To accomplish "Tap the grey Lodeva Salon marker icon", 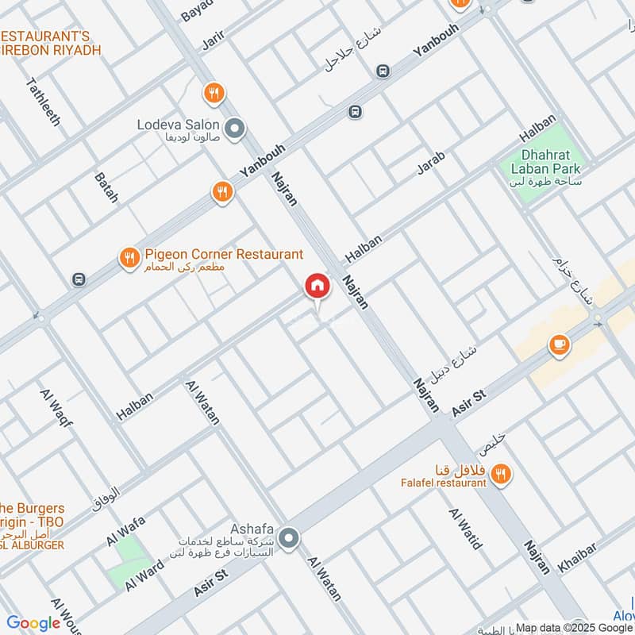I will (234, 128).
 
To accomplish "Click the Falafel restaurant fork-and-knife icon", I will (500, 475).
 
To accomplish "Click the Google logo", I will (34, 623).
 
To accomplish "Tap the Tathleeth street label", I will (44, 102).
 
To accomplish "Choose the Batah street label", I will (106, 187).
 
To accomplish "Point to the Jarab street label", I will (431, 163).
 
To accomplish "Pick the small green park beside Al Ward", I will (129, 562).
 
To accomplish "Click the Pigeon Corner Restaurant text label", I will (224, 255).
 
